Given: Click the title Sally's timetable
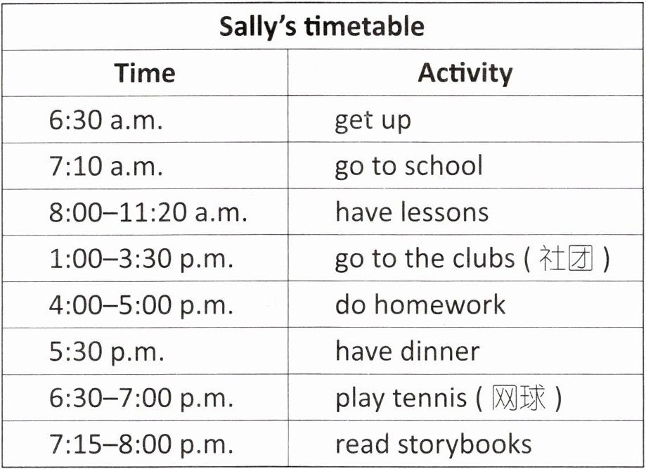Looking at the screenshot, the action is [x=322, y=27].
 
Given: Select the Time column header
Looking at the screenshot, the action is [x=145, y=73].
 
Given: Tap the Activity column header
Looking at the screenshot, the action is [x=465, y=74].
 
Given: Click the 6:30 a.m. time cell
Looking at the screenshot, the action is [x=106, y=120].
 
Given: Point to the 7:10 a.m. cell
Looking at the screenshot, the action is [x=106, y=167].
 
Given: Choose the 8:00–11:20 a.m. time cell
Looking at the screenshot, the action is [x=148, y=212].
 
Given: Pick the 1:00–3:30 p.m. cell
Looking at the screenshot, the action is [x=141, y=259].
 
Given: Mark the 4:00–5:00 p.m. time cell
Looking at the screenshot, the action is [x=141, y=305].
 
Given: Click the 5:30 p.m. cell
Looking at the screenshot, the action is [x=107, y=352].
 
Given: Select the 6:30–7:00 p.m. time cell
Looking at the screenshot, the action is [x=141, y=398].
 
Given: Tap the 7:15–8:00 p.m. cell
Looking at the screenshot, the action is [x=141, y=444].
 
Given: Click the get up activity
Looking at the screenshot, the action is [x=373, y=121].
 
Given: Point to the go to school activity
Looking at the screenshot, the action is [x=408, y=167].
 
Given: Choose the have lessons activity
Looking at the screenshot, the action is [x=412, y=212].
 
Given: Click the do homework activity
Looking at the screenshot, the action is [x=420, y=304].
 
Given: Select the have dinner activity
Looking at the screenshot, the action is [x=408, y=351].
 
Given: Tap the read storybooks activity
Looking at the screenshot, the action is [x=434, y=444].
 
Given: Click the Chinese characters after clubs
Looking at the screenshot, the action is [x=566, y=259].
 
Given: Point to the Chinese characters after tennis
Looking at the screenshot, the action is [x=518, y=398].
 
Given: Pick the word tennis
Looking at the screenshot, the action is [x=429, y=398].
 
